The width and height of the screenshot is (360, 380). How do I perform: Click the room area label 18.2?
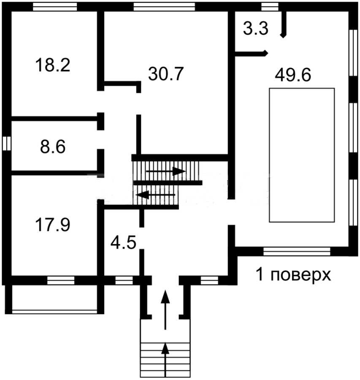tap(53, 65)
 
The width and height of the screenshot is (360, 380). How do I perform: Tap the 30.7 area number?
tap(166, 73)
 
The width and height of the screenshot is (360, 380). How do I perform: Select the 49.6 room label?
tap(293, 75)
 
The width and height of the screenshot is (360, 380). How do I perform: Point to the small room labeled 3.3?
tap(256, 28)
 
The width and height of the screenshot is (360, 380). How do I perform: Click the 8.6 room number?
tap(53, 147)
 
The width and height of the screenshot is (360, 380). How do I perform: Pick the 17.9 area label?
tap(53, 225)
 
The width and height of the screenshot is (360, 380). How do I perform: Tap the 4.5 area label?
tap(123, 242)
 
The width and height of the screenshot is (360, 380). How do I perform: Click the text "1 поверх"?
tap(293, 275)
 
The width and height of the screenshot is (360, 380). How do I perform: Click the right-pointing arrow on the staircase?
tap(166, 171)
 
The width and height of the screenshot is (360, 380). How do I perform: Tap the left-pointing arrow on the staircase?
tap(155, 194)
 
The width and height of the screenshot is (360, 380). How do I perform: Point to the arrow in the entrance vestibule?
tap(166, 310)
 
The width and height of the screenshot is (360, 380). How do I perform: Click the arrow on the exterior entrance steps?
tap(165, 360)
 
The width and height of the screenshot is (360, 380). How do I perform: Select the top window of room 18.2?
tap(55, 7)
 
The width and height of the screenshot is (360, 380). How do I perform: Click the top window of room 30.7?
tap(164, 7)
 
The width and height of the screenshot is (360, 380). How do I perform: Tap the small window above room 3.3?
tap(270, 7)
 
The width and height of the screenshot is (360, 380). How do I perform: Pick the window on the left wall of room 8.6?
tap(7, 143)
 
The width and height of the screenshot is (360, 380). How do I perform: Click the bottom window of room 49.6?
tap(297, 252)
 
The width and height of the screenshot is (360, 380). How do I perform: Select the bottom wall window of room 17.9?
tap(61, 280)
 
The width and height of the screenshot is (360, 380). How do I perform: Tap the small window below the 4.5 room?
tap(124, 280)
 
